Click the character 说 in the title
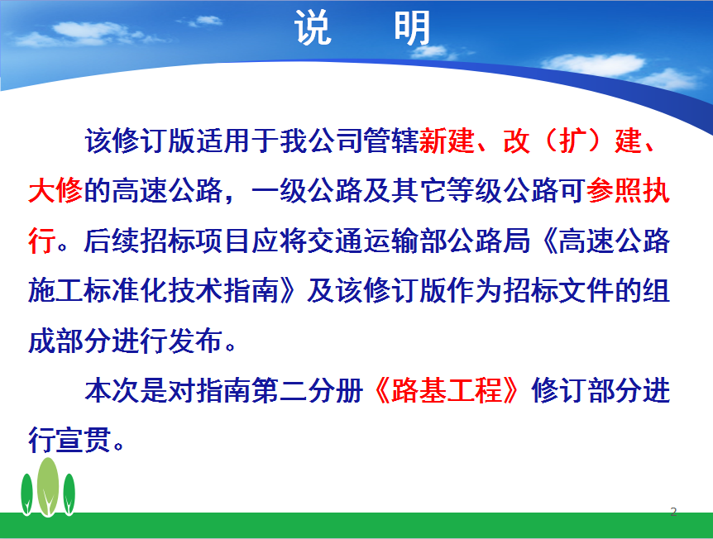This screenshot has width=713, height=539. (313, 28)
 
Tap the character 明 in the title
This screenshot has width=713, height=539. (412, 28)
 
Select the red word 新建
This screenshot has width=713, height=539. (447, 141)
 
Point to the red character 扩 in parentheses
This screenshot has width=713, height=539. (572, 141)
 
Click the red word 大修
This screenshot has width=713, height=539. (55, 190)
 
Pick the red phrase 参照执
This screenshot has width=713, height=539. (628, 190)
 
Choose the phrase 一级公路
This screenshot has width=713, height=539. (307, 190)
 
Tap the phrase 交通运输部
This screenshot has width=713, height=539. (376, 241)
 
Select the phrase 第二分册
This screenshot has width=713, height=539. (307, 390)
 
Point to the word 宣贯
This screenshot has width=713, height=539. (84, 440)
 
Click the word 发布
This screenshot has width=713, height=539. (195, 341)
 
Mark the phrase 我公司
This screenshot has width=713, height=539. (321, 141)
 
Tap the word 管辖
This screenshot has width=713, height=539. (390, 141)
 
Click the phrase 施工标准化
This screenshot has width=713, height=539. (98, 290)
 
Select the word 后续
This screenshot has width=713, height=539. (111, 241)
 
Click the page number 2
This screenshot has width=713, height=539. (673, 512)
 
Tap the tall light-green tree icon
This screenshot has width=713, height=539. (48, 487)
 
